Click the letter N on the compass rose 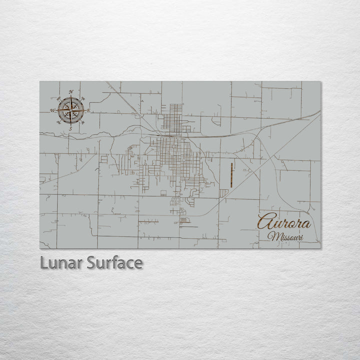pos(71,91)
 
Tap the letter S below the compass pos(70,128)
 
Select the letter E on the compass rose pos(88,110)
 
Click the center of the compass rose pos(70,110)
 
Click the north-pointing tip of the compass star pos(70,97)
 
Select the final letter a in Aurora pos(306,224)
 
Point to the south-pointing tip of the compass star pos(70,123)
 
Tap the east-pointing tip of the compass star pos(84,110)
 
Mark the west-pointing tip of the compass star pos(57,110)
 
